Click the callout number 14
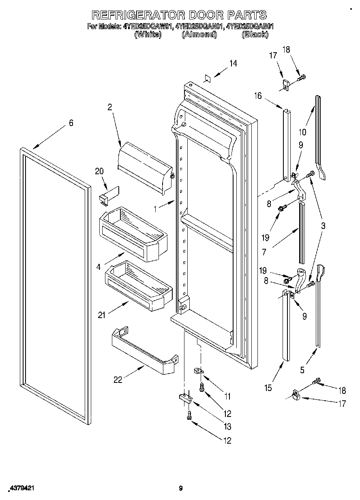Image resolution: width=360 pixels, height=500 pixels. [233, 63]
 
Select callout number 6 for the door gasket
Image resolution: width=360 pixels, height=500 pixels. [71, 123]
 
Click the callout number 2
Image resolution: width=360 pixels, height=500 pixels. [109, 107]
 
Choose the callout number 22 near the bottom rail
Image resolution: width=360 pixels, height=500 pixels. [118, 380]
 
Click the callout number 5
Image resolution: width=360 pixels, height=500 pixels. [302, 369]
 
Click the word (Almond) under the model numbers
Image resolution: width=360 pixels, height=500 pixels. [199, 34]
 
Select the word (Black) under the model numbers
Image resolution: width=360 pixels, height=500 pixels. [255, 34]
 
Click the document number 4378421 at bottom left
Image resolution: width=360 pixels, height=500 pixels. [20, 489]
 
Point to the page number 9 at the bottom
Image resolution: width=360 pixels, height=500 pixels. [181, 489]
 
